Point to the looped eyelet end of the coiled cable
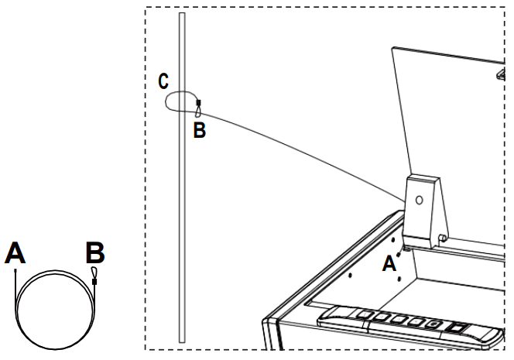[94, 272]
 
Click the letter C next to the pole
[162, 81]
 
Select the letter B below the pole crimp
[199, 131]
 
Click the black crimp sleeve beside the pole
[199, 102]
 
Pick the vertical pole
[181, 232]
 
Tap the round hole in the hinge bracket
[419, 199]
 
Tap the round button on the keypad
[435, 323]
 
